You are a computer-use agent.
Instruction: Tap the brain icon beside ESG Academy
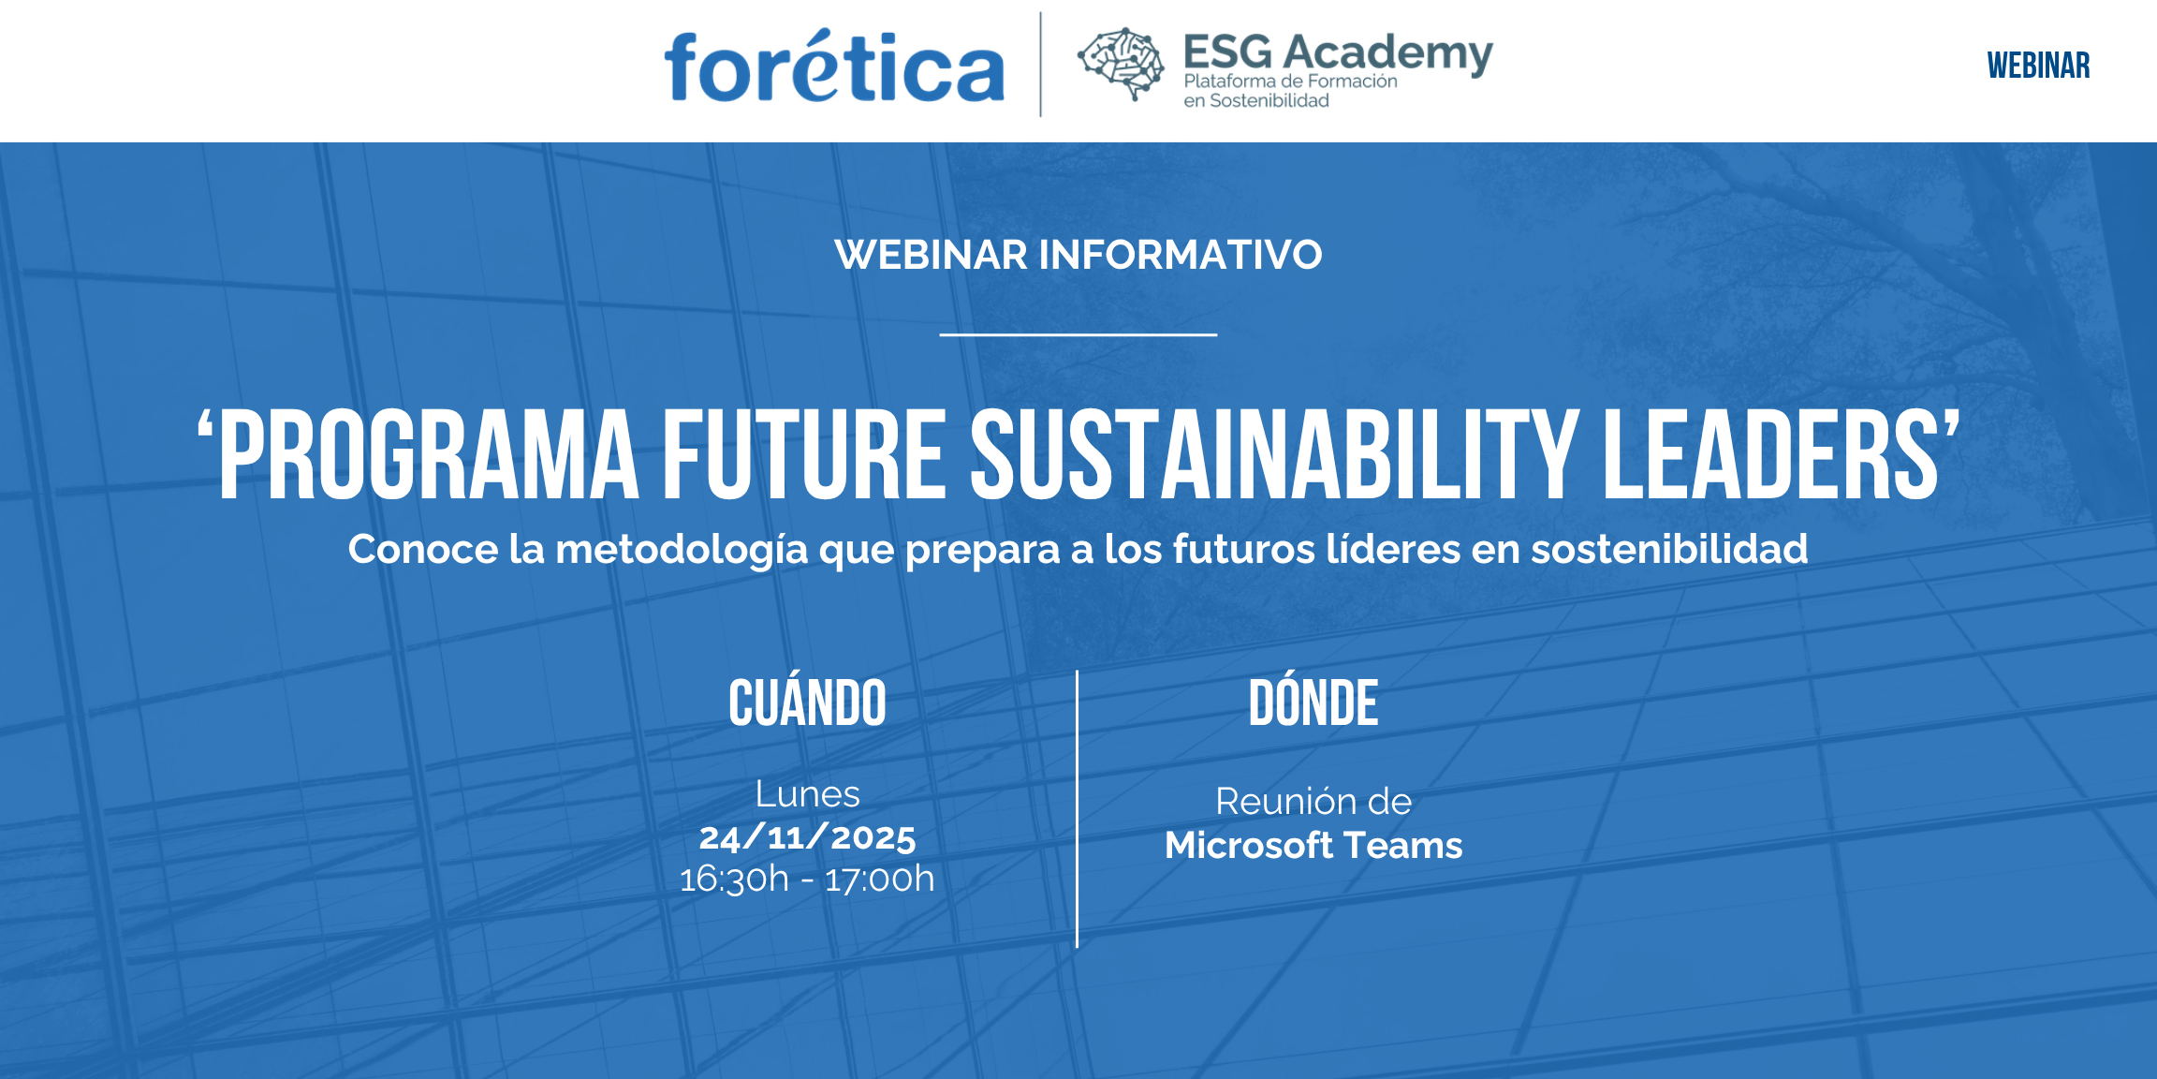1121,63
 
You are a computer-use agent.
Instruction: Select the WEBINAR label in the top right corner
2038,66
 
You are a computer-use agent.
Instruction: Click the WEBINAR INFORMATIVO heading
1078,255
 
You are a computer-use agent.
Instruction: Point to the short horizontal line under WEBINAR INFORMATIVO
1078,334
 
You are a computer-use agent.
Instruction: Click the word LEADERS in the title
1774,455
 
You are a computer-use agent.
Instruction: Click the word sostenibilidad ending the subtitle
1669,549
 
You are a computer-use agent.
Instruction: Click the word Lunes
807,794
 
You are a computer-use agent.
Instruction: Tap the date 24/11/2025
807,837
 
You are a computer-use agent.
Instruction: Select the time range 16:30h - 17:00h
807,879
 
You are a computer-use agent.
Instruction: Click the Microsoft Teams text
1313,846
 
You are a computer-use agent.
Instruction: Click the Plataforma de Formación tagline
1290,81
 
